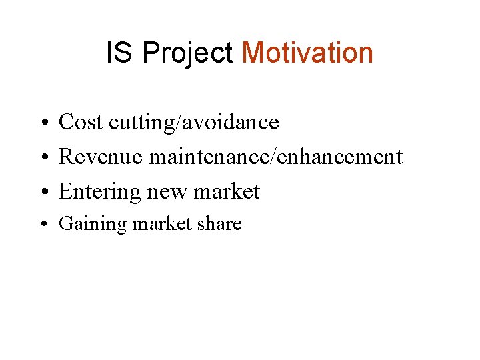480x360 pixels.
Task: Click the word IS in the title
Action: [120, 53]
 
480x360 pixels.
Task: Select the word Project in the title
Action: [187, 53]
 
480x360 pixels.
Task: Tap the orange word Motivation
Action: [307, 53]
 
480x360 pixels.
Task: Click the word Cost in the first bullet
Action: [81, 122]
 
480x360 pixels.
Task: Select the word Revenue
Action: [101, 157]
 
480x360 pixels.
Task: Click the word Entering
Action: [99, 192]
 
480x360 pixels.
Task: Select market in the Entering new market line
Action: [227, 192]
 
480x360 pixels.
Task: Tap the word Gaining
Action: [93, 224]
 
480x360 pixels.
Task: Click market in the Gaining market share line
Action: [162, 224]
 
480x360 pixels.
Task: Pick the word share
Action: [219, 224]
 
